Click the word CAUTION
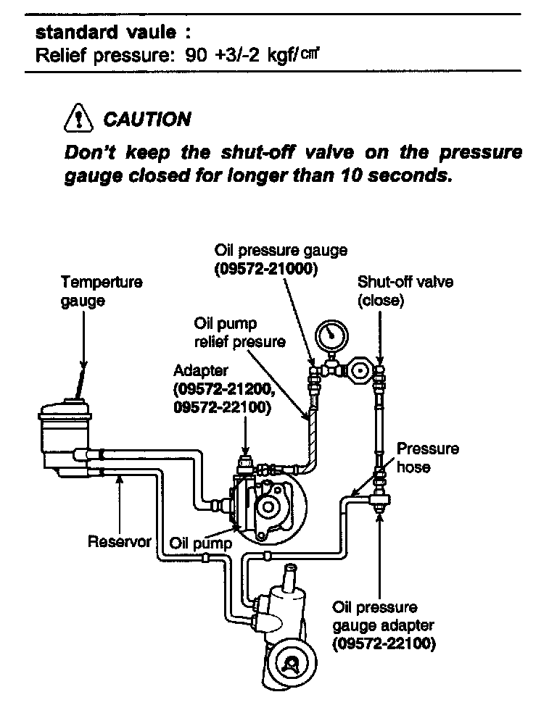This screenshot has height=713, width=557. (147, 120)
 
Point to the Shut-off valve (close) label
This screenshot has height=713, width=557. (404, 291)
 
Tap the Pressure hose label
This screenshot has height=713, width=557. (428, 458)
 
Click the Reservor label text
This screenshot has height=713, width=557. (119, 541)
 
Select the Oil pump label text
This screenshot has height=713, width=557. (201, 543)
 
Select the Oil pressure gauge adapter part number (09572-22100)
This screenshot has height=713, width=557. (384, 643)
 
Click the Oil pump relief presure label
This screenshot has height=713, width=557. (239, 332)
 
